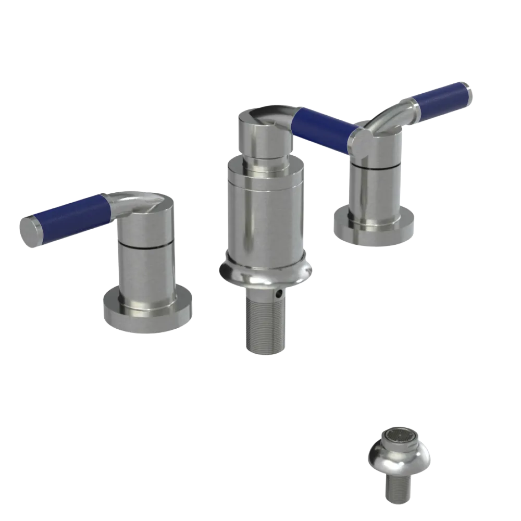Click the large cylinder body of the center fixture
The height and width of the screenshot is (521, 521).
point(266,214)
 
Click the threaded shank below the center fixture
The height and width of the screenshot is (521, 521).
point(265,323)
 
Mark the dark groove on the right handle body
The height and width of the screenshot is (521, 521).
point(375,167)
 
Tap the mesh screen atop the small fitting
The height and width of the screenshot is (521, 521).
point(400,437)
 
